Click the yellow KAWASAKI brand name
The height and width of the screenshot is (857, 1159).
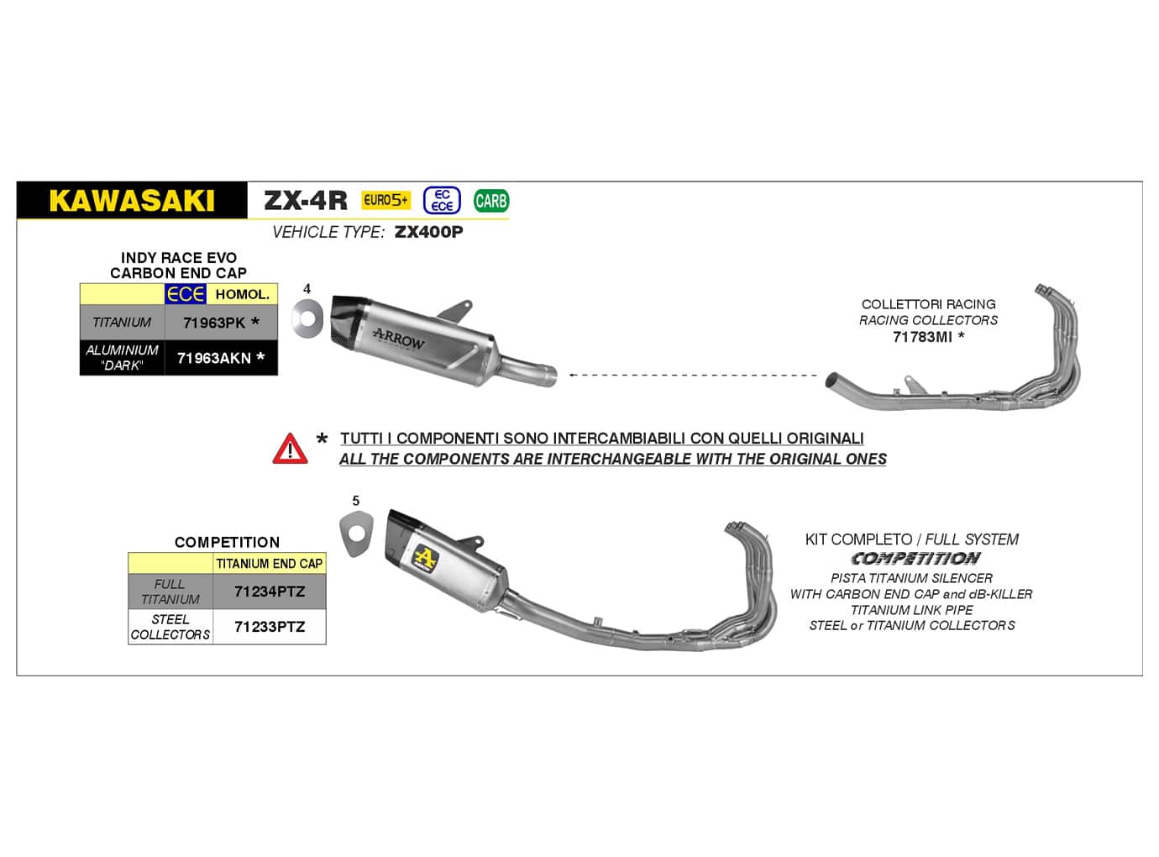click(132, 201)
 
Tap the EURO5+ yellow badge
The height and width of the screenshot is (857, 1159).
click(385, 200)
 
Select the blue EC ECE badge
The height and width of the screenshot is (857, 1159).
click(442, 200)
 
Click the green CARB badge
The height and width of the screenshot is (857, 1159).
click(490, 201)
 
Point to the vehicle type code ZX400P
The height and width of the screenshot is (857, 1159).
click(428, 232)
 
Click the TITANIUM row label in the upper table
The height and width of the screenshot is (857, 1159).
click(122, 323)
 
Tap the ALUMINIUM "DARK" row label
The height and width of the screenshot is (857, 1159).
click(122, 358)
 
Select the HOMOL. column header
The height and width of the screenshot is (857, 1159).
click(242, 294)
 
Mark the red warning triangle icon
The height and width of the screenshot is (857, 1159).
click(290, 449)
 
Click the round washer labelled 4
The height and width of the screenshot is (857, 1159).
click(307, 319)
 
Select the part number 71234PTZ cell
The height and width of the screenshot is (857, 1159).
click(270, 591)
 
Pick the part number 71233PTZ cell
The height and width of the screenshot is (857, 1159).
click(270, 627)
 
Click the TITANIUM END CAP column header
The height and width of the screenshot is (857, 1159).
click(270, 564)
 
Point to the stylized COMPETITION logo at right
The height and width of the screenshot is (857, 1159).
click(915, 559)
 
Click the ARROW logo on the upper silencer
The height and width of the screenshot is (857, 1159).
click(399, 338)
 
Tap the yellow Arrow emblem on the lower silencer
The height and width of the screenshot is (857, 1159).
click(426, 557)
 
